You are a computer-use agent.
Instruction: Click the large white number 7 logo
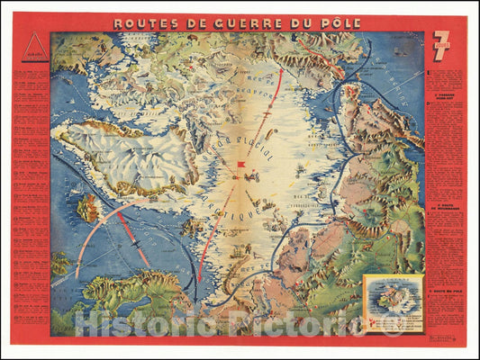point(441,44)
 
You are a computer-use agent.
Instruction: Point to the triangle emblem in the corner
point(33,48)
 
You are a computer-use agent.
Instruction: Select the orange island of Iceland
point(89,209)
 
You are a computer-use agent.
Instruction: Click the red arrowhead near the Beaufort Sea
point(280,71)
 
